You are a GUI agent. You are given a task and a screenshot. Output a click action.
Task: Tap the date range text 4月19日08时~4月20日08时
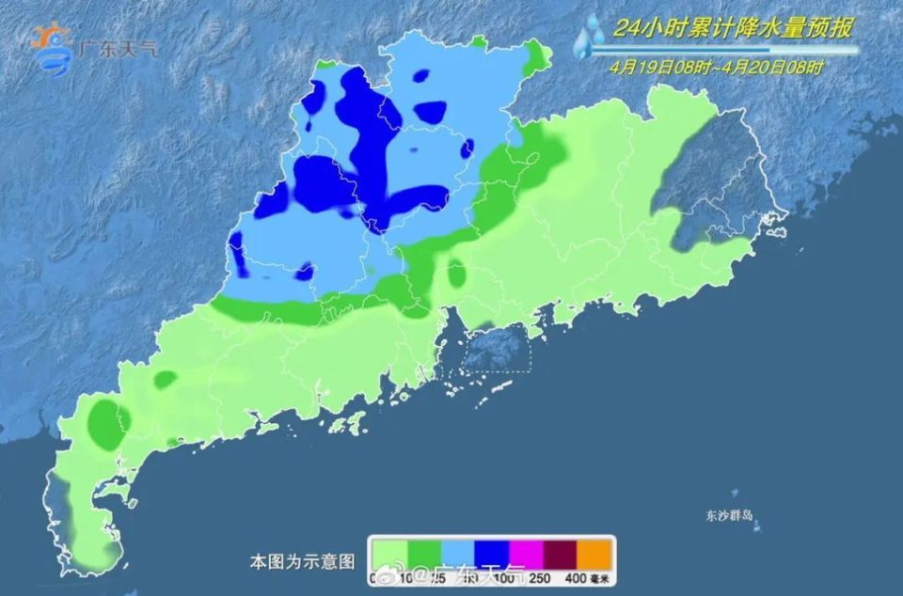(x=715, y=67)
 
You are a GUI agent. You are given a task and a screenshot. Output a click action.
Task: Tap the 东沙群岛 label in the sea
(x=732, y=515)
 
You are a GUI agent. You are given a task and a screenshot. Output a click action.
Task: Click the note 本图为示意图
(x=302, y=561)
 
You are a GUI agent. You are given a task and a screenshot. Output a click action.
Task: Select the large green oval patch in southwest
(x=106, y=424)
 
